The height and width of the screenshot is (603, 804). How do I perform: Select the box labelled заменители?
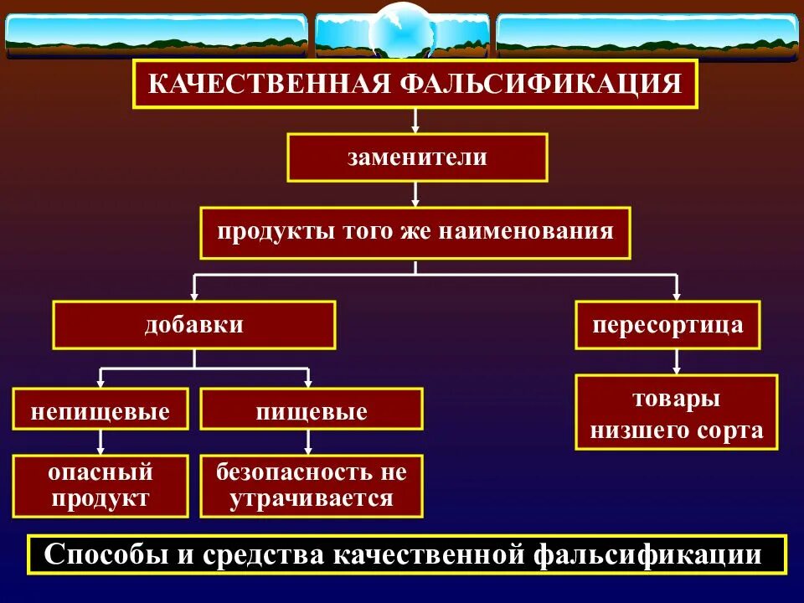[x=417, y=157]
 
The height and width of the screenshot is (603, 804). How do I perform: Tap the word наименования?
[x=534, y=230]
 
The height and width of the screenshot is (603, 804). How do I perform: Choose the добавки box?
[x=194, y=325]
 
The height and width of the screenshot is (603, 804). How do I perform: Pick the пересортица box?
[x=667, y=325]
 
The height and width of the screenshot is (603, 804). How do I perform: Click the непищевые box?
[x=100, y=412]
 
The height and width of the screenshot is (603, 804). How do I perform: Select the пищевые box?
[x=311, y=412]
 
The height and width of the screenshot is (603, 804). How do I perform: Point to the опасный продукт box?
[x=100, y=486]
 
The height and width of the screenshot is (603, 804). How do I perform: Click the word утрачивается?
[x=311, y=499]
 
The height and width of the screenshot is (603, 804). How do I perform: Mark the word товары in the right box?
[x=677, y=399]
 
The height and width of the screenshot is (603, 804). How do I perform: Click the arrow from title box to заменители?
[x=415, y=121]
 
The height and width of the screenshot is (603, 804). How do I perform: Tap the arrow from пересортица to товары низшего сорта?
[x=677, y=362]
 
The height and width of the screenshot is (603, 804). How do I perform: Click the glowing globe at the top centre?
[x=399, y=31]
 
